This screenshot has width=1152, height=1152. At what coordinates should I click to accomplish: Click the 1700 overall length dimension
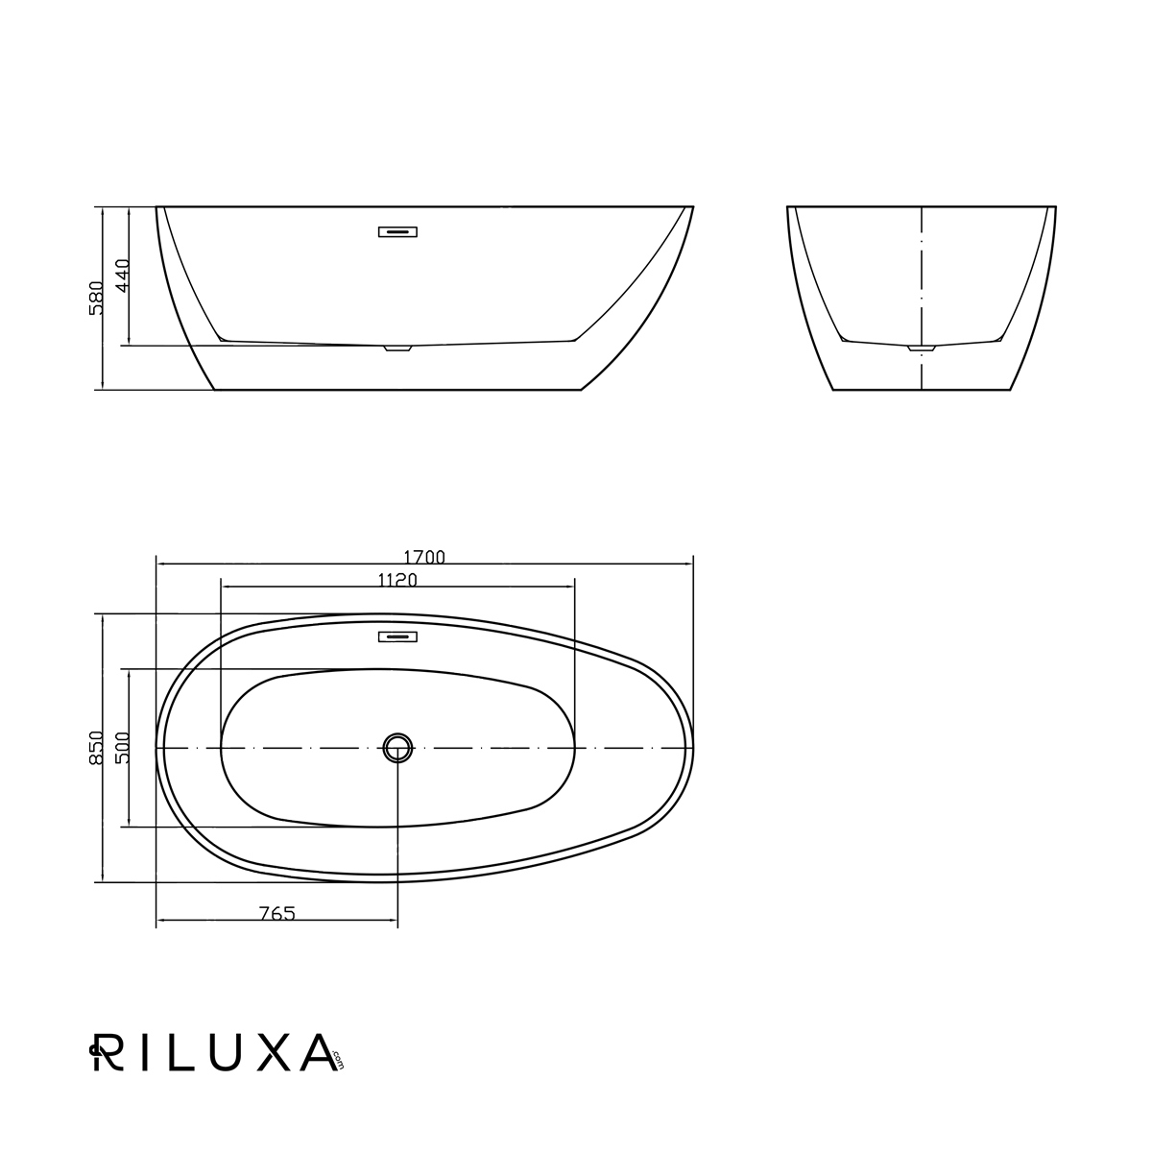tap(424, 557)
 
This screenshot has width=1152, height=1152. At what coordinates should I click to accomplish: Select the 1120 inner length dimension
tap(397, 579)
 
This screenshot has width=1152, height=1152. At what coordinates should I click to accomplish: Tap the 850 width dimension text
tap(96, 747)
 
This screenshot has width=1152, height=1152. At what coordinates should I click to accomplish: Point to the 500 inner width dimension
tap(122, 747)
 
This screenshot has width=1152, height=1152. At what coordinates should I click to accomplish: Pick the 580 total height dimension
tap(96, 298)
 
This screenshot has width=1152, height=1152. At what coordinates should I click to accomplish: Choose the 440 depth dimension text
tap(122, 276)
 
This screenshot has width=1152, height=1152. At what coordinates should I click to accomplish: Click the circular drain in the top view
tap(397, 747)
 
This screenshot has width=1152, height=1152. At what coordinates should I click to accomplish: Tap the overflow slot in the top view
tap(397, 636)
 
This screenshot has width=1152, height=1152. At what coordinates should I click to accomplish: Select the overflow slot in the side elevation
tap(397, 232)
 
